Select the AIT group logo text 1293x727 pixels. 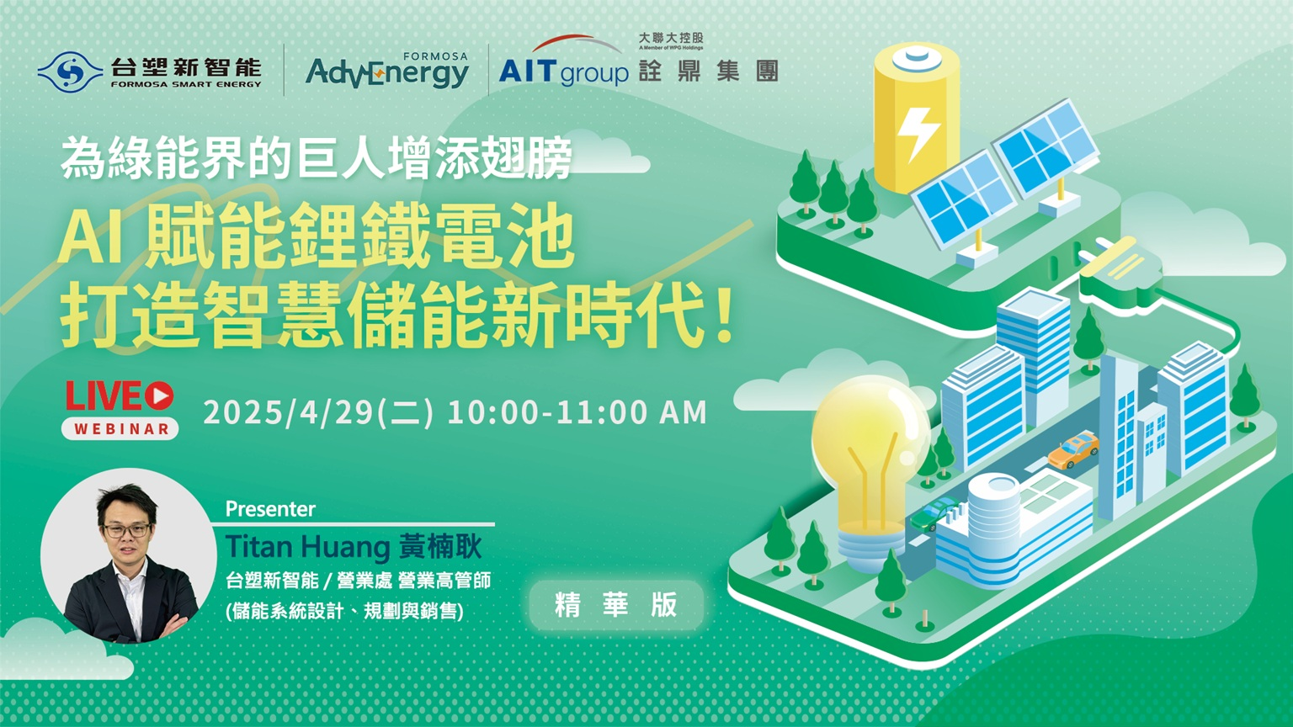pyautogui.click(x=563, y=72)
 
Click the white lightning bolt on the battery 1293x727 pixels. pyautogui.click(x=918, y=134)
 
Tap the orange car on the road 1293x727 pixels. pyautogui.click(x=1073, y=450)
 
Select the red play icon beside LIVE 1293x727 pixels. pyautogui.click(x=159, y=395)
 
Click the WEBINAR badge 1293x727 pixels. pyautogui.click(x=120, y=428)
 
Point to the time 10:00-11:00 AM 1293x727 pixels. pyautogui.click(x=577, y=412)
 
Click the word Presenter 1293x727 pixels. pyautogui.click(x=270, y=509)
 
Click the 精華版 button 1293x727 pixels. pyautogui.click(x=616, y=605)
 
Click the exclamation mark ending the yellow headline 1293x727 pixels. pyautogui.click(x=726, y=316)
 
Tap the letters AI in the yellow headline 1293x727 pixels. pyautogui.click(x=90, y=241)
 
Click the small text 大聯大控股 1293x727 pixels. pyautogui.click(x=671, y=38)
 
